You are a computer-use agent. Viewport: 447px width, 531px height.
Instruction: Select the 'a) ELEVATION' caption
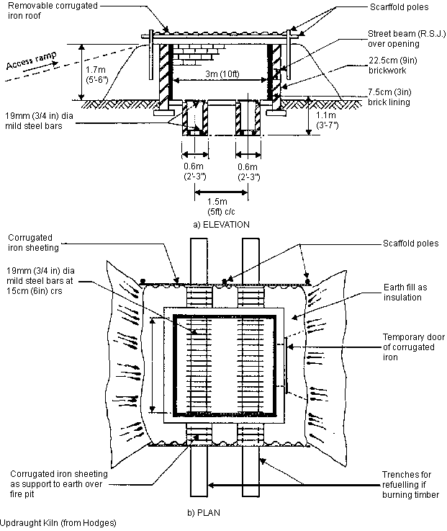pos(221,225)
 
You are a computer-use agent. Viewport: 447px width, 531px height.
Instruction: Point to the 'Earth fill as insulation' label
pos(402,292)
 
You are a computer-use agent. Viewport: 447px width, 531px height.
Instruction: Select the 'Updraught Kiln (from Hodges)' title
pos(58,522)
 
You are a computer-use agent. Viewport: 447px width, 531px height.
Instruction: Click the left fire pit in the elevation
pos(194,117)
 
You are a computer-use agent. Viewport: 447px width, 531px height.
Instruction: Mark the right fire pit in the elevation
pos(248,117)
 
